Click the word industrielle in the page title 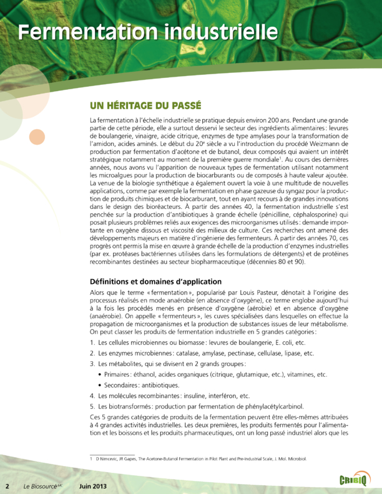coord(214,31)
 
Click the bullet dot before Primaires coord(101,374)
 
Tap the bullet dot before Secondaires coord(101,385)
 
